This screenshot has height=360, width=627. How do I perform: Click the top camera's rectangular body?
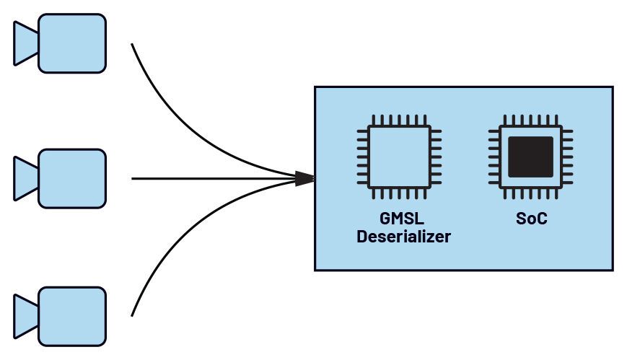72,43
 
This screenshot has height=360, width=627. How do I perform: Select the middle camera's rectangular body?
72,177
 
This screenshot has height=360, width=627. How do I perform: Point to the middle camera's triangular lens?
26,178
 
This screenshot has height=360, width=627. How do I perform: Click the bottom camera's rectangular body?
72,315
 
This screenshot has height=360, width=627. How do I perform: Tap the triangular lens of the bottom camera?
26,315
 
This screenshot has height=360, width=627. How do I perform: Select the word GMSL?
403,219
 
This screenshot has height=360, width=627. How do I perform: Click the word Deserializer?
403,236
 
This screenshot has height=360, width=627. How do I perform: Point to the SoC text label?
532,219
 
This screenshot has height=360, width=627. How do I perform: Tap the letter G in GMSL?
385,219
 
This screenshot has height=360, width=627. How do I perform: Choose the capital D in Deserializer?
362,236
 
